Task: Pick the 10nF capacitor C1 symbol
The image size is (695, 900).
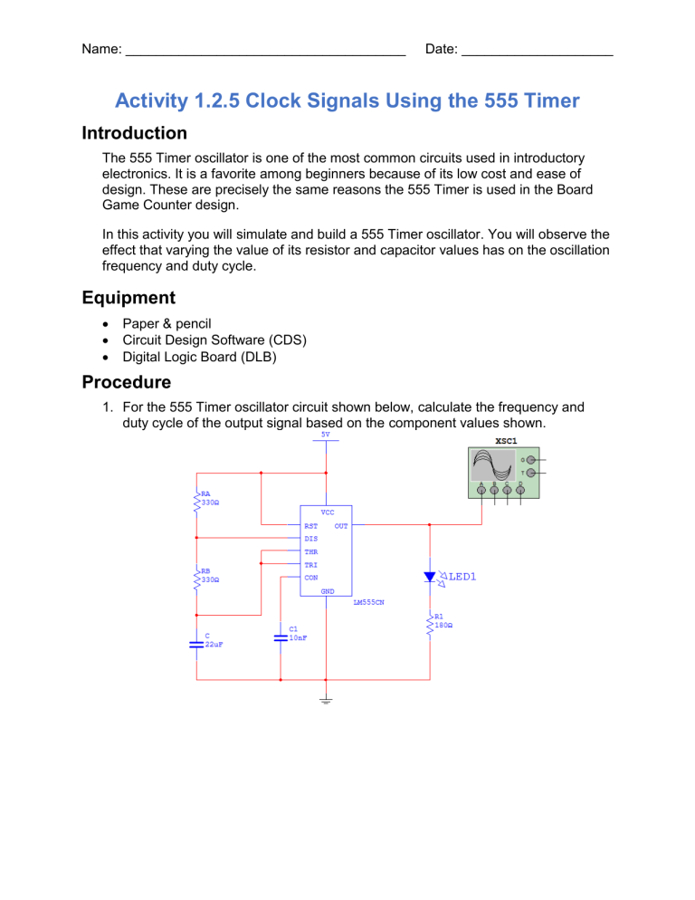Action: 281,637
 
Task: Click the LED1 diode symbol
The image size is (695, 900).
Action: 430,577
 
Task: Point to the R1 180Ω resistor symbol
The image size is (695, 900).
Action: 430,625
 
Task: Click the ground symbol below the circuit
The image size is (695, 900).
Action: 326,699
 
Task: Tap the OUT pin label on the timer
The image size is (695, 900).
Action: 340,525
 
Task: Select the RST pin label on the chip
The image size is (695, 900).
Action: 310,525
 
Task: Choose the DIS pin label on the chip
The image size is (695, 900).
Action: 310,539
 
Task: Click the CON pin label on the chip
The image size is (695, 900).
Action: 310,577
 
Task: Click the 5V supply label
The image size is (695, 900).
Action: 326,434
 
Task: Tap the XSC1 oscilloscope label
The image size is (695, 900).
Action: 507,440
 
